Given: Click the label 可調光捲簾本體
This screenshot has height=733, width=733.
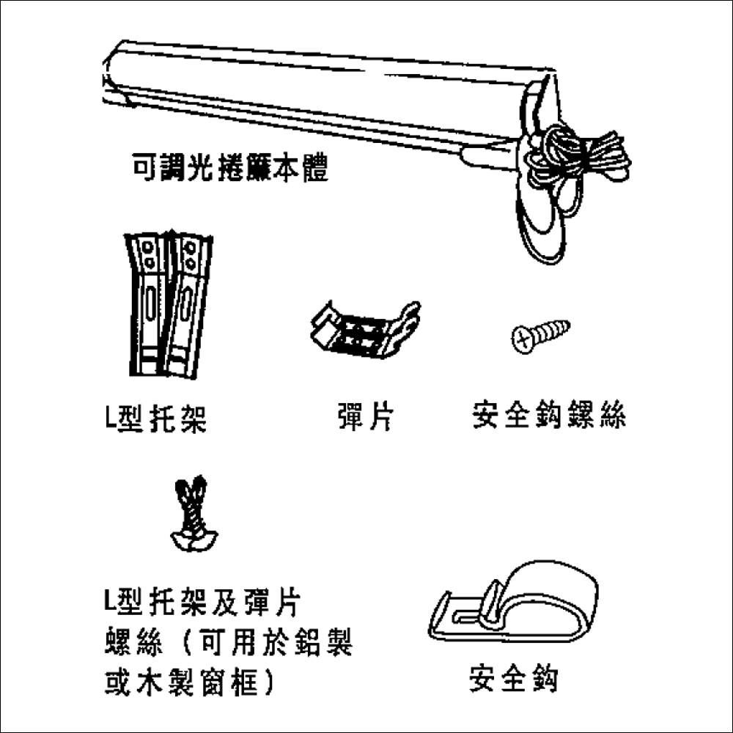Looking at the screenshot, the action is pyautogui.click(x=230, y=167).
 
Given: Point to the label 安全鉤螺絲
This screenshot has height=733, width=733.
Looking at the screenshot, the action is pyautogui.click(x=549, y=414).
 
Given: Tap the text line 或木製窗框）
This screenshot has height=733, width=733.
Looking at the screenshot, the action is pyautogui.click(x=190, y=682).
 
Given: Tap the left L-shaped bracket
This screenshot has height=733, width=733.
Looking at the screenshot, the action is pyautogui.click(x=147, y=304).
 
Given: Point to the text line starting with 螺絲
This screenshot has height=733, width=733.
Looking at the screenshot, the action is pyautogui.click(x=229, y=642).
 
